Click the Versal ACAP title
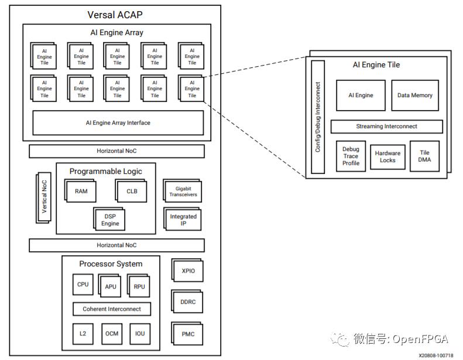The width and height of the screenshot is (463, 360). tap(115, 15)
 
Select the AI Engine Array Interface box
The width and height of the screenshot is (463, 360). tap(118, 123)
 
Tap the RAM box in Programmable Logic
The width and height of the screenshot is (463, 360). tap(81, 191)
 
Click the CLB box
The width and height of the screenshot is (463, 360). tap(132, 191)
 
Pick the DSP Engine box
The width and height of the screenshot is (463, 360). tap(110, 220)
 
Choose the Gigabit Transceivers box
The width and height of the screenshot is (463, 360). tap(183, 191)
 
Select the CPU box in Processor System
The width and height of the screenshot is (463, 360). tap(83, 284)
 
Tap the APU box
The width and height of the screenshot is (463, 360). tap(111, 287)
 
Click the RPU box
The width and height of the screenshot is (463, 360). tap(139, 287)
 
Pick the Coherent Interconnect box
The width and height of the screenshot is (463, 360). tap(112, 309)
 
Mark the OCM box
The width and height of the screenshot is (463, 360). tap(112, 334)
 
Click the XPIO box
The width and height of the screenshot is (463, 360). tap(187, 270)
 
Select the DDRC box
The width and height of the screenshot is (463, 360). tap(187, 302)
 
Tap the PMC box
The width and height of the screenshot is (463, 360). tap(187, 334)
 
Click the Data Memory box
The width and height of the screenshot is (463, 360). tap(415, 95)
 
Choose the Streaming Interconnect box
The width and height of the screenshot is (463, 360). tap(386, 126)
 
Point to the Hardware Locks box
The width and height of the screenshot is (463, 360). tap(387, 157)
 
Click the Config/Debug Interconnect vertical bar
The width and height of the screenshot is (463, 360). tap(318, 117)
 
